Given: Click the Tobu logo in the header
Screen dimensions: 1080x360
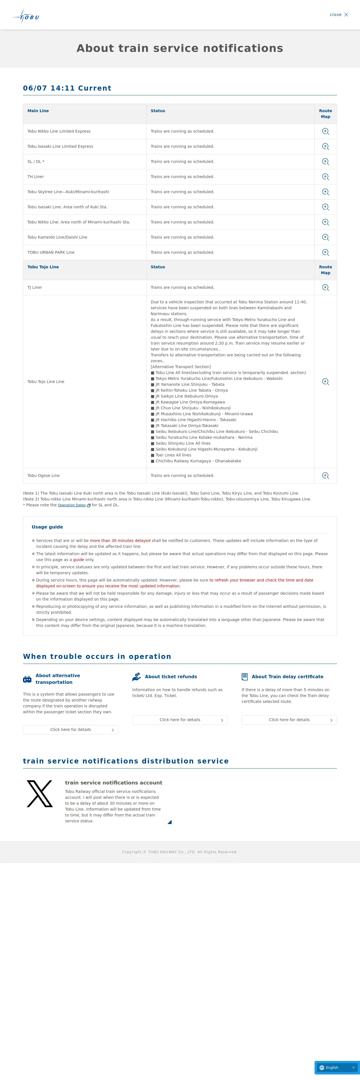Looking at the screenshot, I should (x=26, y=16).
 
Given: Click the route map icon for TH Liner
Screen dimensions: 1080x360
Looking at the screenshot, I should (x=325, y=177).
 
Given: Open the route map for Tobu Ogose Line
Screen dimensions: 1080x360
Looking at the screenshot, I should (x=325, y=476).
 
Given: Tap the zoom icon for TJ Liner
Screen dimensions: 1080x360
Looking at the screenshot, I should (x=325, y=288).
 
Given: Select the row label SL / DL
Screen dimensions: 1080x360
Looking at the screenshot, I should (x=36, y=162).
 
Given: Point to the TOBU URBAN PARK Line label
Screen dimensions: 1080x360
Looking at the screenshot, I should (x=51, y=252).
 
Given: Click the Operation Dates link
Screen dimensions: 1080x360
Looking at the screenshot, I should (x=72, y=505).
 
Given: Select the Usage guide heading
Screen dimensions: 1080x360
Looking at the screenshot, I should (x=47, y=527).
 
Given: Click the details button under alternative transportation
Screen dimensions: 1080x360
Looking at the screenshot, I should (x=70, y=730).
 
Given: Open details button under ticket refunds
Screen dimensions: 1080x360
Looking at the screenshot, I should (x=180, y=720).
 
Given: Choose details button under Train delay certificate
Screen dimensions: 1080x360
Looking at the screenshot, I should (x=289, y=720).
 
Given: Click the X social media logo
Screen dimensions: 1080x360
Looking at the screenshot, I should (x=40, y=794).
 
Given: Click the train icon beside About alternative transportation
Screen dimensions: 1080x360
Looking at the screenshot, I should (x=27, y=679).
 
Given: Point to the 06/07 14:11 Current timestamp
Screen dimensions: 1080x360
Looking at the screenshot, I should (x=67, y=88).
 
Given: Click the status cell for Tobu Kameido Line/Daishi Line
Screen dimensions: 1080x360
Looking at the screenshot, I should (x=182, y=237).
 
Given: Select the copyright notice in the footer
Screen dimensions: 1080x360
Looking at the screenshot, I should (x=180, y=852).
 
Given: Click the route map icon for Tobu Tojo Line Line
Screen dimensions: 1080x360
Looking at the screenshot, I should (x=325, y=382).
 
